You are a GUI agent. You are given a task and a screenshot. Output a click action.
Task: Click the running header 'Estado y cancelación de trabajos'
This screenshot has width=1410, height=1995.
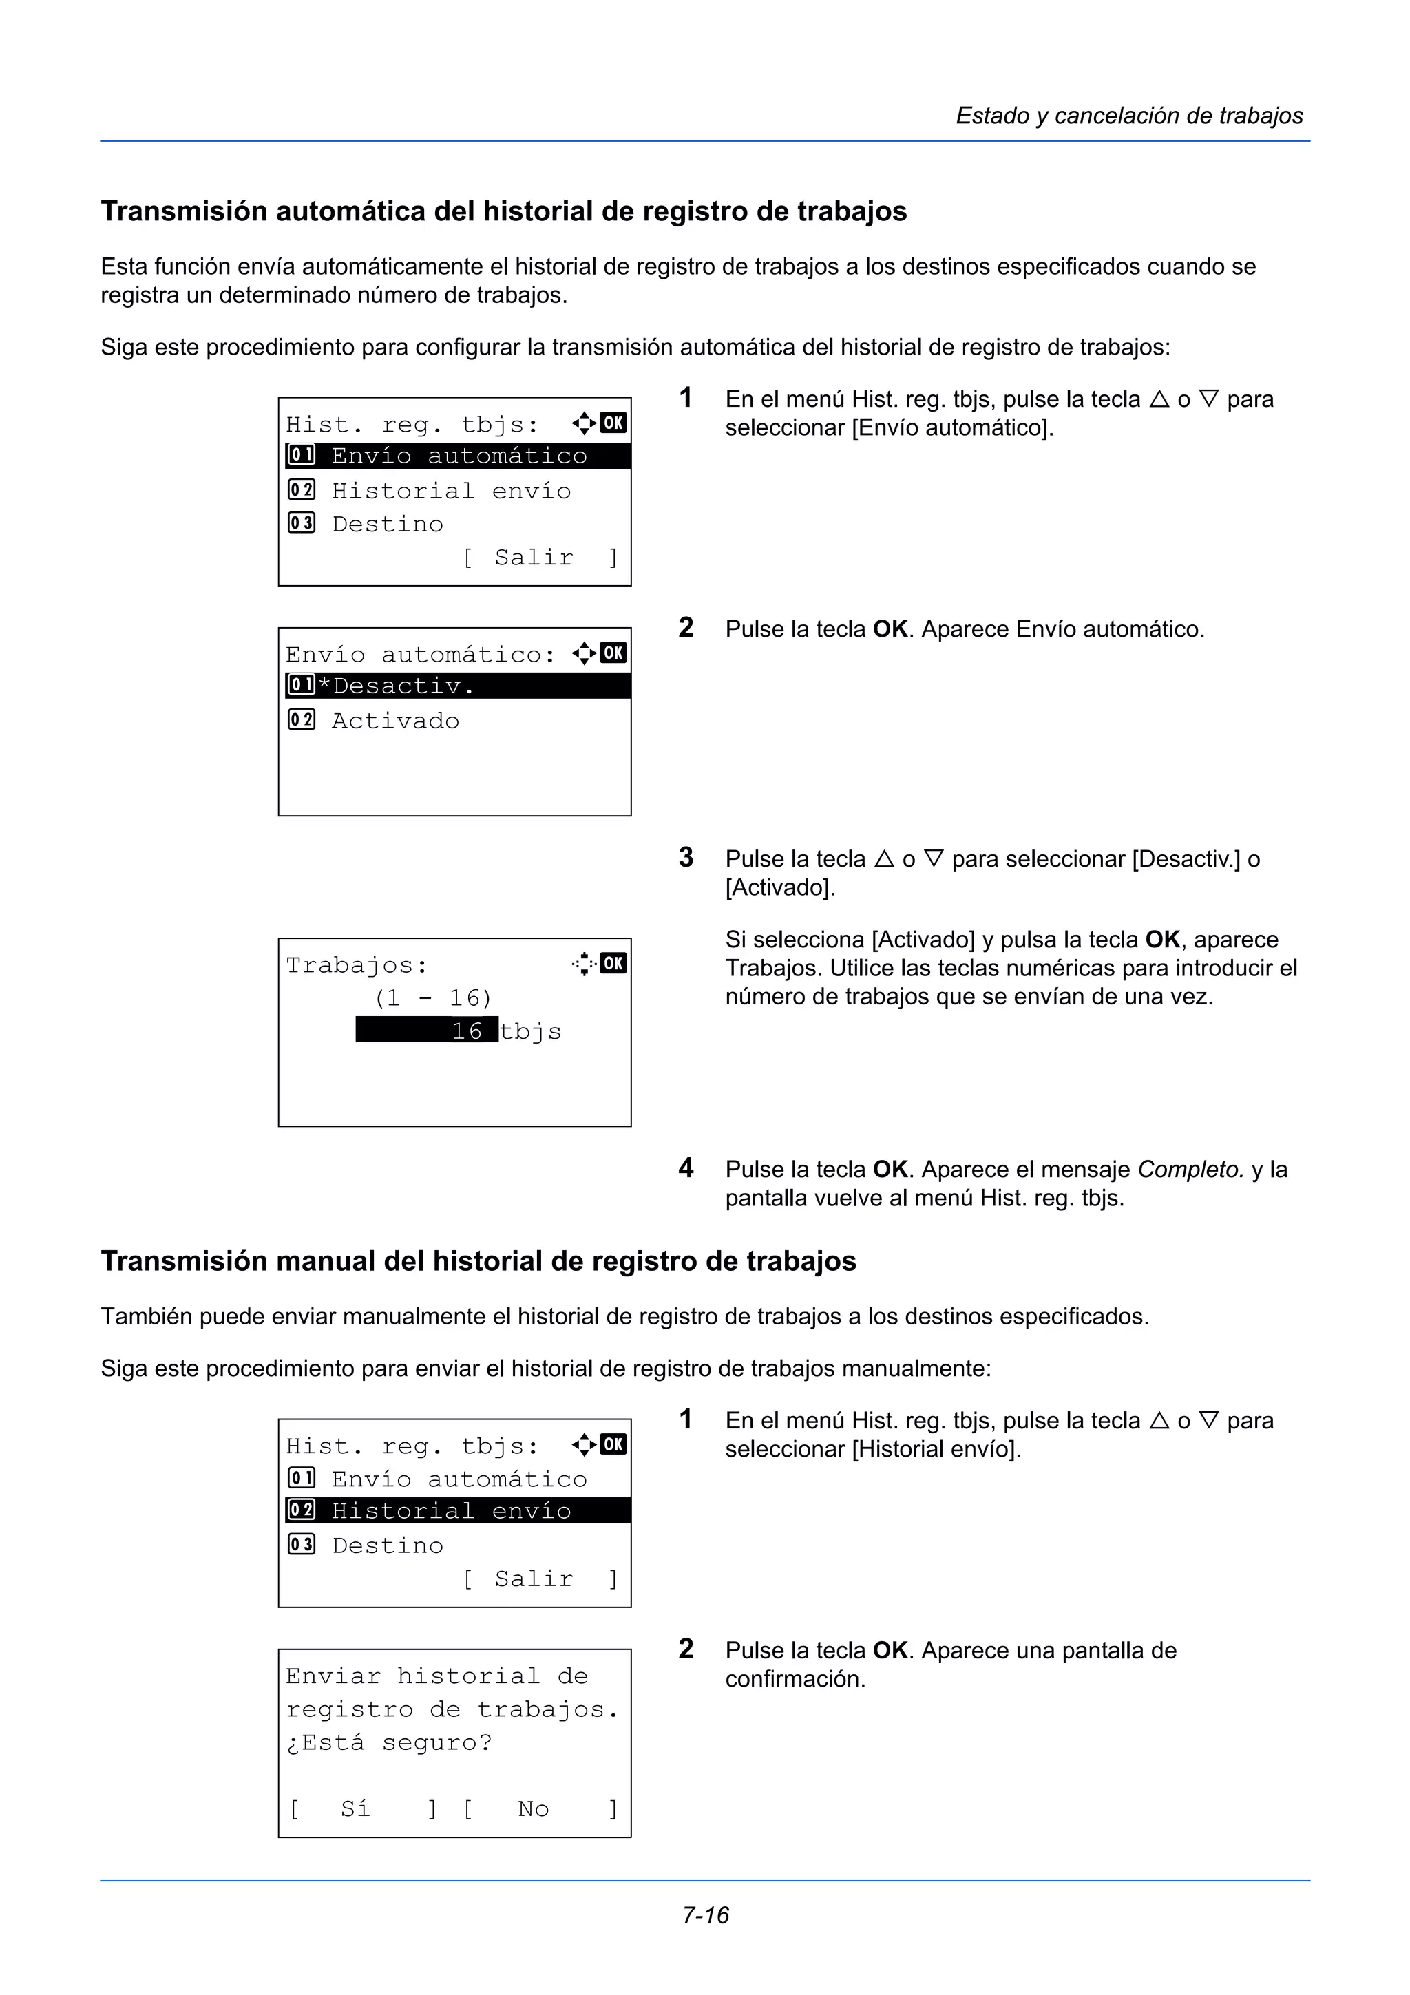click(x=1128, y=116)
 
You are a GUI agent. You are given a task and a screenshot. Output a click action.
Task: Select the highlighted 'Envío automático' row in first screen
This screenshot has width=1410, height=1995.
click(x=458, y=455)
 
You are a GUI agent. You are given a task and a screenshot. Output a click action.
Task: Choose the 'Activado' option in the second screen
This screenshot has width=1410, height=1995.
click(x=395, y=720)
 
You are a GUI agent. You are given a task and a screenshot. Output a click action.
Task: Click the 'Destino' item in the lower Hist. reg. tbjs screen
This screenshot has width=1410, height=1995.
click(x=388, y=1545)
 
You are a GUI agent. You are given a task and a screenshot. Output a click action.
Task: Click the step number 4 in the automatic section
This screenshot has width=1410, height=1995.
click(x=686, y=1168)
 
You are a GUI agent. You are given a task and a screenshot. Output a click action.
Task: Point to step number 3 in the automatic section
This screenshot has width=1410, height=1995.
click(x=686, y=858)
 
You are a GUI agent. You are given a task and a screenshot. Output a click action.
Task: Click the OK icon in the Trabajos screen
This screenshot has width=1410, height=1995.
click(x=613, y=963)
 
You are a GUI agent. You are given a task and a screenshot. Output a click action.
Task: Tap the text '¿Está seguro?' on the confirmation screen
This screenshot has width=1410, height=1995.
click(x=388, y=1742)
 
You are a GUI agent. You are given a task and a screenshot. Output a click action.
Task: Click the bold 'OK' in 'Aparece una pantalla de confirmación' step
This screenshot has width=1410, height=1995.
click(x=890, y=1651)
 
